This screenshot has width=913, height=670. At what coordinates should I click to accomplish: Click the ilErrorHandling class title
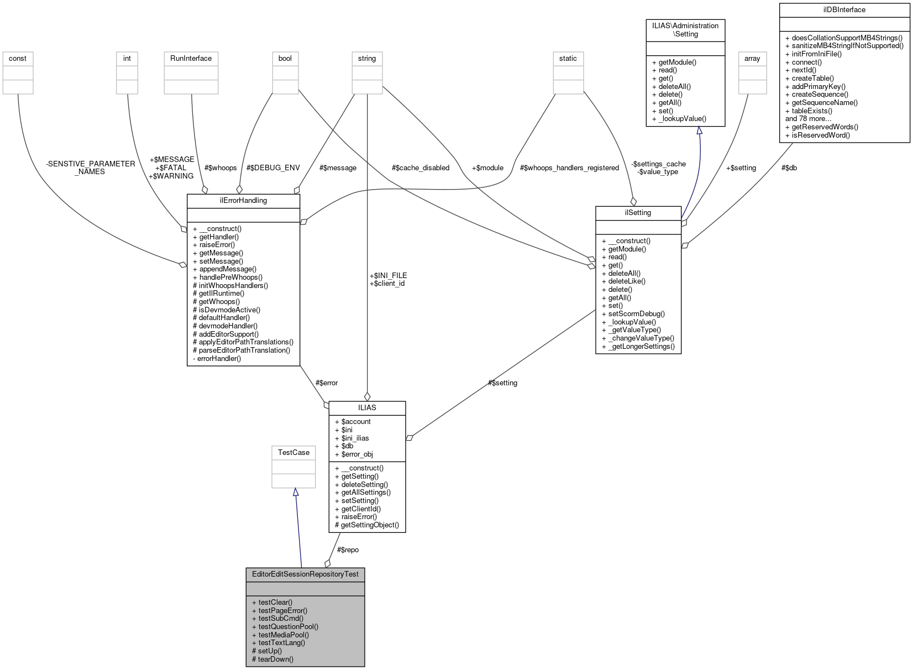243,201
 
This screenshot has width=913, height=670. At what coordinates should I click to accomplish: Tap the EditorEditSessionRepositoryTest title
305,574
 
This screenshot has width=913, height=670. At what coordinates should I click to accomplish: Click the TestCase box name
293,453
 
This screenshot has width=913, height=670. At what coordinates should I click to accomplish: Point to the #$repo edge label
348,550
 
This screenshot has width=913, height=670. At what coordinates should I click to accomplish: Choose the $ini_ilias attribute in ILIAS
355,438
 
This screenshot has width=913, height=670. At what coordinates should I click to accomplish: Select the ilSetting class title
638,213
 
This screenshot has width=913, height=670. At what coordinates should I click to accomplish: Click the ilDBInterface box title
844,10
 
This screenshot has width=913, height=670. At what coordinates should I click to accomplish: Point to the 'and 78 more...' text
808,119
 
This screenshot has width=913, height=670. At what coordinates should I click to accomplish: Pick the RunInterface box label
191,59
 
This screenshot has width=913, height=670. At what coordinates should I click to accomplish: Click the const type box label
18,59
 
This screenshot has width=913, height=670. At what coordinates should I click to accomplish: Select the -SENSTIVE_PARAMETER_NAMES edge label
90,167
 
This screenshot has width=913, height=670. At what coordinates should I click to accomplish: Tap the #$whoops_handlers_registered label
569,168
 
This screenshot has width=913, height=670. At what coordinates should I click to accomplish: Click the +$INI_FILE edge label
388,275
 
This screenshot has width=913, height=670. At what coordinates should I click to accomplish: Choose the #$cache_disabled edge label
420,168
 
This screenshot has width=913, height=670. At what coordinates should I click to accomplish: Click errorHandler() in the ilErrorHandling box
219,359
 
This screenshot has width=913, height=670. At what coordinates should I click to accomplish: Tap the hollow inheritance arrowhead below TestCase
296,492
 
